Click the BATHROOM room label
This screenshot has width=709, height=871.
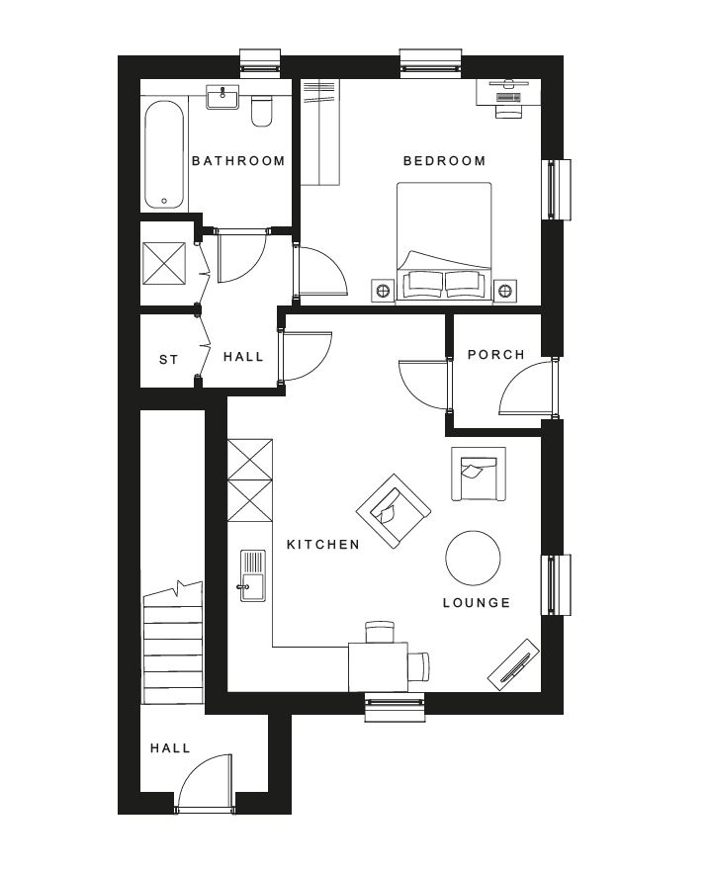click(238, 161)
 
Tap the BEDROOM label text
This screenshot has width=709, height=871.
click(445, 161)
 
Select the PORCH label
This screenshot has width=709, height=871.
click(496, 354)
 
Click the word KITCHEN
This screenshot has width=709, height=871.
click(323, 545)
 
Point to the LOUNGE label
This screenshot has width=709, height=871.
click(477, 603)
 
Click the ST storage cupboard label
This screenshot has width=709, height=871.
click(169, 360)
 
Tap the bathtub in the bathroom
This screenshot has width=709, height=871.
click(164, 154)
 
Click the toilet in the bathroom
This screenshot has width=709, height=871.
click(261, 111)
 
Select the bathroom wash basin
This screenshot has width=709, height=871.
click(222, 97)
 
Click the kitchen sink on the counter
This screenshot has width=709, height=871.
click(253, 575)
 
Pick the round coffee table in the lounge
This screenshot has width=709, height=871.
click(473, 558)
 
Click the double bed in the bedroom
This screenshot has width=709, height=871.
click(444, 243)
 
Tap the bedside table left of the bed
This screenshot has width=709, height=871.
click(383, 291)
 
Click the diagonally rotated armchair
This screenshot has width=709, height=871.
click(394, 511)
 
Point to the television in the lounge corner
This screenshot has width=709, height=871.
click(513, 665)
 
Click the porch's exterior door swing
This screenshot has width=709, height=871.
click(527, 388)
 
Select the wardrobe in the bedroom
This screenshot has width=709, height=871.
click(320, 132)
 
